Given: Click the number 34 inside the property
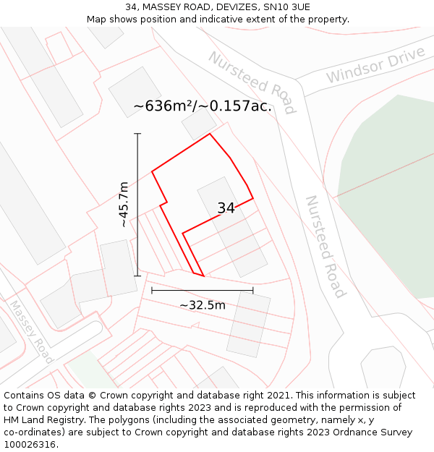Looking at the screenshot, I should click(226, 208).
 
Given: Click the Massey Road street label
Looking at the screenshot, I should click(30, 332).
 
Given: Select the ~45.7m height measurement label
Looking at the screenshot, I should click(124, 205).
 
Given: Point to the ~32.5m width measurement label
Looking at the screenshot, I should click(203, 305).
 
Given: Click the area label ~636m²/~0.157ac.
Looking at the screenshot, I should click(203, 106).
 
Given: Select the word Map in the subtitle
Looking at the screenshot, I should click(97, 19).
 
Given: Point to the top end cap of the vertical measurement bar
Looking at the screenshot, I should click(137, 134).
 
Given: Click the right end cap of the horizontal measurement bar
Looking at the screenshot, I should click(253, 290).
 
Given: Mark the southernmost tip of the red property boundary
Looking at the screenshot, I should click(203, 276).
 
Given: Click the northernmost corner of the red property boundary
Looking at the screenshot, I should click(210, 134).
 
